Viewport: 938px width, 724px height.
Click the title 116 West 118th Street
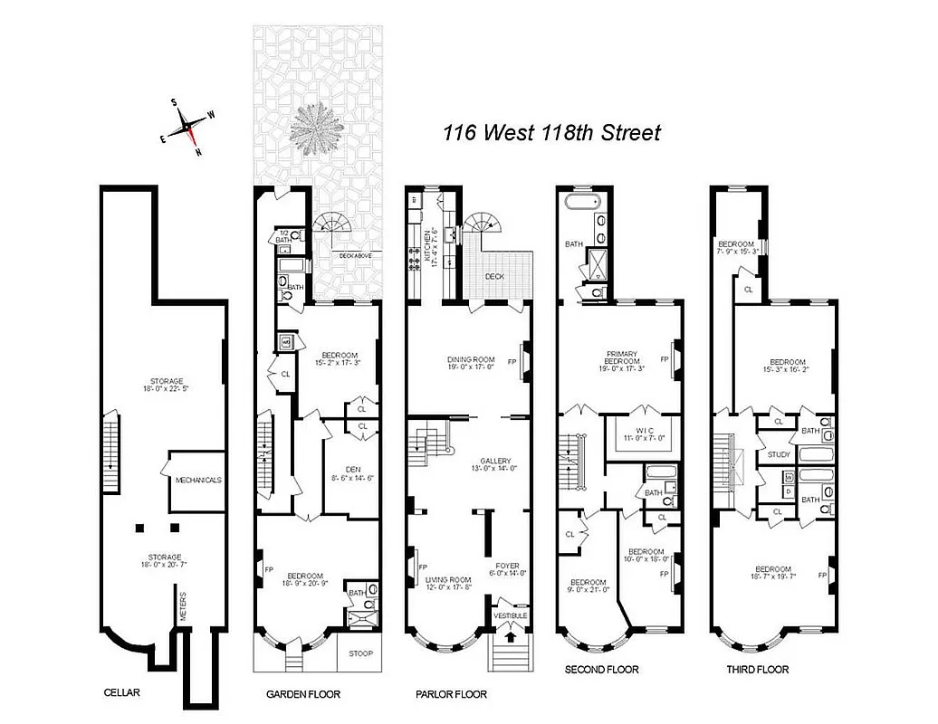[x=551, y=133]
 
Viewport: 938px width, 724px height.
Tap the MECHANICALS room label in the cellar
[x=198, y=480]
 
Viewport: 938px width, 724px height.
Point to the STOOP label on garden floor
[x=359, y=653]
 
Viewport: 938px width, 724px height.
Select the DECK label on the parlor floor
[x=493, y=277]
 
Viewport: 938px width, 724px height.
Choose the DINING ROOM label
[x=471, y=359]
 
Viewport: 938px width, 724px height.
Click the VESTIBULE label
[x=510, y=616]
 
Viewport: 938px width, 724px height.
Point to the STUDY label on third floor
[x=779, y=454]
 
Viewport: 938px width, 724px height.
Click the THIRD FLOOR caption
[x=757, y=670]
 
